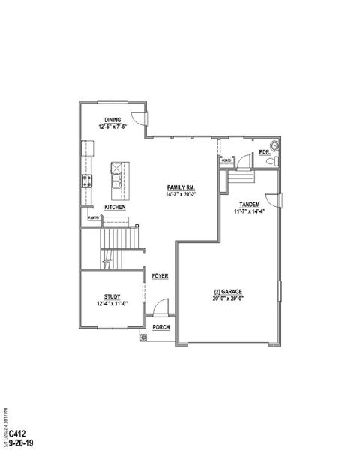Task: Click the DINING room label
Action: tap(112, 120)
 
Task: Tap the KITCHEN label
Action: tap(115, 207)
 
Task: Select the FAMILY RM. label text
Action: tap(181, 187)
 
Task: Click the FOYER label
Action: tap(160, 276)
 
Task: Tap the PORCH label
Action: tap(160, 328)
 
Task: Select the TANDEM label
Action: tap(250, 204)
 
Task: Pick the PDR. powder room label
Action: tap(264, 152)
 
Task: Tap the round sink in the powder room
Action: tap(275, 145)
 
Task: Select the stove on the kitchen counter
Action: tap(85, 180)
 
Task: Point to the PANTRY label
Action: tap(94, 217)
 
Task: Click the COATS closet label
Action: tap(226, 160)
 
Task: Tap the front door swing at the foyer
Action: tap(160, 307)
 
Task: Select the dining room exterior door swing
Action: tap(139, 118)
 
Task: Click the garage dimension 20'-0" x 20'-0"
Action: tap(228, 298)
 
